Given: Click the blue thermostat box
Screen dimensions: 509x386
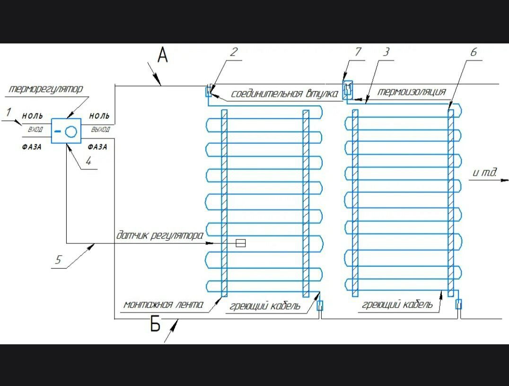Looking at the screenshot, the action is point(66,131).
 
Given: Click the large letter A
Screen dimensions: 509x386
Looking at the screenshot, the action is point(162,56).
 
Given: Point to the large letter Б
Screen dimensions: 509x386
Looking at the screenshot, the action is point(155,325).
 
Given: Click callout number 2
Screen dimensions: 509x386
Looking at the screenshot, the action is point(234,52).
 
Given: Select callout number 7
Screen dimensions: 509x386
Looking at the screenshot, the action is point(358,52).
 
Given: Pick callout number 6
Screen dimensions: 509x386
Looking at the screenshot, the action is point(474,52).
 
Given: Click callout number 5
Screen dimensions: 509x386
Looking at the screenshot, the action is point(58,259).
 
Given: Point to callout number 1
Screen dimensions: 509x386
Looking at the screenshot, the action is point(8,112).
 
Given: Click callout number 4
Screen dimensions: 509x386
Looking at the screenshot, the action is point(88,161).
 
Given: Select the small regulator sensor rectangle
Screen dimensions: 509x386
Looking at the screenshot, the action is point(240,243).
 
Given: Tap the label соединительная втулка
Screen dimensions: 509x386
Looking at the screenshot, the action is point(284,94).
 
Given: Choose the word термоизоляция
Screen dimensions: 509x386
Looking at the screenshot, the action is point(412,92).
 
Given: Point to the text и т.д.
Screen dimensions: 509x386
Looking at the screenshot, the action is point(484,173).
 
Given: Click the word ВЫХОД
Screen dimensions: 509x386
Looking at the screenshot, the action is point(100,129).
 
